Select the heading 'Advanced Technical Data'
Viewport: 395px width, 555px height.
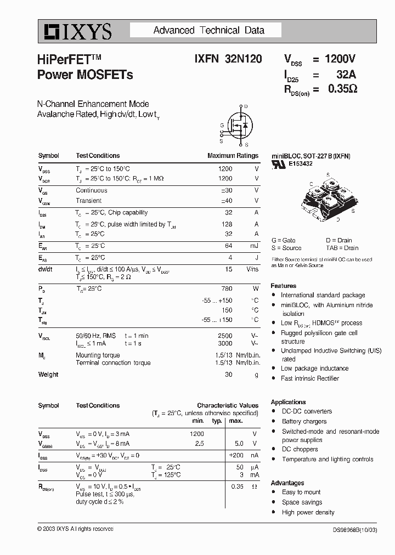[x=208, y=31]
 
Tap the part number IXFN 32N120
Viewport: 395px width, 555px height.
[x=228, y=59]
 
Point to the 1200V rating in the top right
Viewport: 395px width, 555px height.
[x=340, y=59]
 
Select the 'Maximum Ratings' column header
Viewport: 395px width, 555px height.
[x=233, y=156]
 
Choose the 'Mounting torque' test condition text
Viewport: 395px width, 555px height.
[x=98, y=355]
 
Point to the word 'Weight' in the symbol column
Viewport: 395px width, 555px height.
[x=48, y=375]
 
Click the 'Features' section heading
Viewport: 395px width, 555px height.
[x=284, y=286]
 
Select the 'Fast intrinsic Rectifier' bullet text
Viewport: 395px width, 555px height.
[x=310, y=378]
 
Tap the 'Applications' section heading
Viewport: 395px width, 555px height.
[x=288, y=402]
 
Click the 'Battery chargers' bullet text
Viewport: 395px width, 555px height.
[x=304, y=421]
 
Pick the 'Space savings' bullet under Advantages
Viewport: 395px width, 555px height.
[x=302, y=502]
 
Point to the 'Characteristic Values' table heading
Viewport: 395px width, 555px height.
[x=228, y=406]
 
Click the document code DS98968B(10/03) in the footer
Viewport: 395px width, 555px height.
[x=354, y=530]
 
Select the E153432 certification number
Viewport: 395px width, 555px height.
[x=301, y=164]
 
